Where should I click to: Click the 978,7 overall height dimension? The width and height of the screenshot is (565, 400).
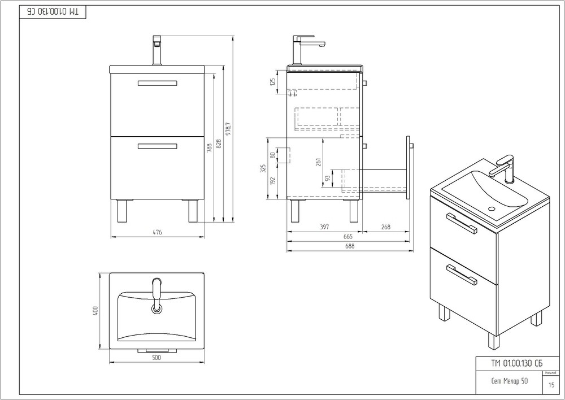click(x=228, y=128)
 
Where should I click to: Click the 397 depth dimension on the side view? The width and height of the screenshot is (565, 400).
click(x=324, y=227)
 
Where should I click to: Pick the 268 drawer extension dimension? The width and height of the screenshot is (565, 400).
click(x=386, y=227)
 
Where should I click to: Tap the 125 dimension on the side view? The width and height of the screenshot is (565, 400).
click(x=272, y=83)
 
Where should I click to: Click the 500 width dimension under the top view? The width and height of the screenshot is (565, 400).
click(x=157, y=357)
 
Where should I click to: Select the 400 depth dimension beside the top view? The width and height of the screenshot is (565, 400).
click(x=96, y=311)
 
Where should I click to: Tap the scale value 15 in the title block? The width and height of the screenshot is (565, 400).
click(x=551, y=385)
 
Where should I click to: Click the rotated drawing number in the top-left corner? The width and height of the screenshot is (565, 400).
click(x=53, y=11)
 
